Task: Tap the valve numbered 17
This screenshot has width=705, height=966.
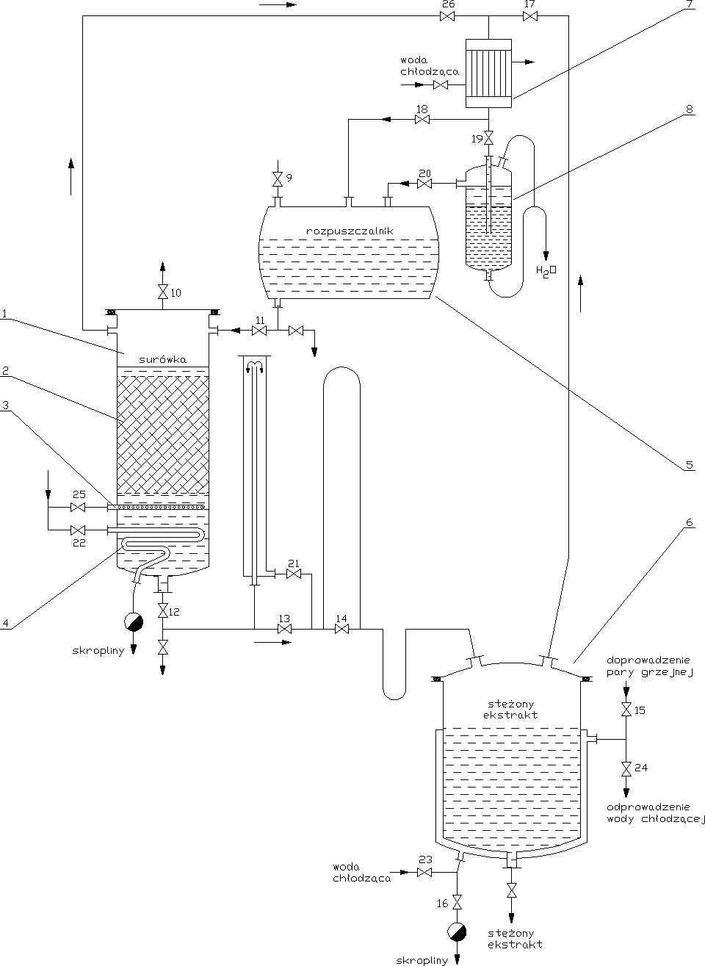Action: (529, 17)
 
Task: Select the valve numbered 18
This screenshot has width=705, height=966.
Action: (422, 120)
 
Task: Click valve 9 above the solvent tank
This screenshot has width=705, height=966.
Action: (278, 179)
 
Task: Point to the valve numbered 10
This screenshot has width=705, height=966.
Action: (162, 292)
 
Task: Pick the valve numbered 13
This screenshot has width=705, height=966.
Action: (284, 630)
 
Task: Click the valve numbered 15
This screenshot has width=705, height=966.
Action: (626, 710)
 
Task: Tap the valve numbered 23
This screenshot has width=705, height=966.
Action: (424, 872)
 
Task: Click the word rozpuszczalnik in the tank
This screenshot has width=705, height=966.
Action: (350, 231)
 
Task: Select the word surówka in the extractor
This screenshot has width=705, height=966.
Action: (162, 360)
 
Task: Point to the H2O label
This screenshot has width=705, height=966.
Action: (547, 271)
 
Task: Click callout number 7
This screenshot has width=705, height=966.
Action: (688, 5)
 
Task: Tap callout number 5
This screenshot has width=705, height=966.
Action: (688, 464)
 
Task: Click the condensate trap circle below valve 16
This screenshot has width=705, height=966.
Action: (457, 931)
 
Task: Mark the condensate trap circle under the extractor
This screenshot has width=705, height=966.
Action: (134, 622)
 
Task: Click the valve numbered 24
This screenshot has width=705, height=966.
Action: (626, 768)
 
